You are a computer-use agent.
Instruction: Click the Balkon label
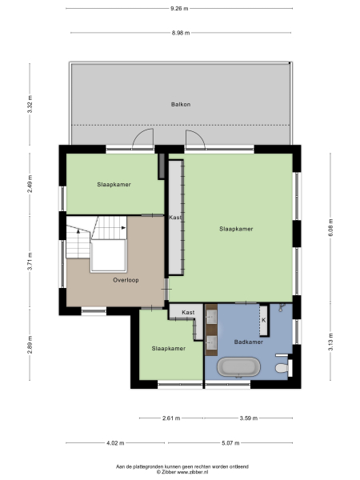click(x=180, y=104)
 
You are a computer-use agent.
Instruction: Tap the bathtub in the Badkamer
click(x=239, y=368)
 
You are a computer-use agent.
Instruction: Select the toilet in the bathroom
click(x=279, y=368)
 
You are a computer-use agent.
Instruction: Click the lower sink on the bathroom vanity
click(x=213, y=343)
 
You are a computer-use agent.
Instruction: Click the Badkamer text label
click(x=248, y=342)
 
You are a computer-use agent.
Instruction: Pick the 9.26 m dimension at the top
click(x=180, y=9)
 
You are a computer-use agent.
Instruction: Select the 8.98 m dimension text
click(x=180, y=33)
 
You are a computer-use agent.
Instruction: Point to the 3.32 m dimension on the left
click(x=30, y=108)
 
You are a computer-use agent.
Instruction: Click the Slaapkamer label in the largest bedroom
click(x=236, y=229)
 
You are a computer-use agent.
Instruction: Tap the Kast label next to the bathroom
click(x=188, y=312)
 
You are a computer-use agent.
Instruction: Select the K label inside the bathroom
click(x=263, y=320)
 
